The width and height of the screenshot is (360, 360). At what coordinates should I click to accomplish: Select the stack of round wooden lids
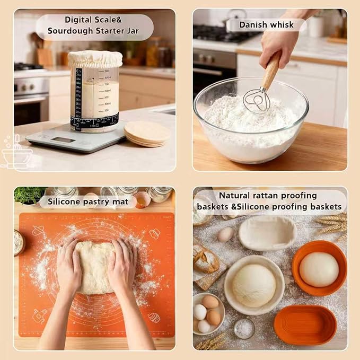147,134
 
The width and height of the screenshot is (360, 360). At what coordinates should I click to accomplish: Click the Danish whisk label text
266,24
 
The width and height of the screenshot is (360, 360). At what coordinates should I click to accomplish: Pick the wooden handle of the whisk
270,71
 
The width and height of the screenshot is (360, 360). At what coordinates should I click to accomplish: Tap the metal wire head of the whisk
256,100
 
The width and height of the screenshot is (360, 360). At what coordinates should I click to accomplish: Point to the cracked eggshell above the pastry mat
142,199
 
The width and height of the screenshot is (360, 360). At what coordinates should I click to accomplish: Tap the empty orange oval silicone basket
305,324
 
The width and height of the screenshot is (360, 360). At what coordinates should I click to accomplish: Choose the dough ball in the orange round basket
319,269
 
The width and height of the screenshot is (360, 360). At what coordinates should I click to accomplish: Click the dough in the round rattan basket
254,285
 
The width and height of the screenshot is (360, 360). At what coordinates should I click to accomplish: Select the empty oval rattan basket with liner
267,232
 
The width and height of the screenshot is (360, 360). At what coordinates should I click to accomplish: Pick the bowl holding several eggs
207,313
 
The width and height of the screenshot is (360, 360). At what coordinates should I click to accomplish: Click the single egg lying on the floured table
226,234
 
